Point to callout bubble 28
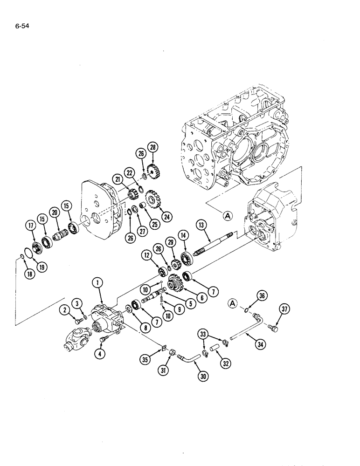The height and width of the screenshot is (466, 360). pyautogui.click(x=152, y=148)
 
